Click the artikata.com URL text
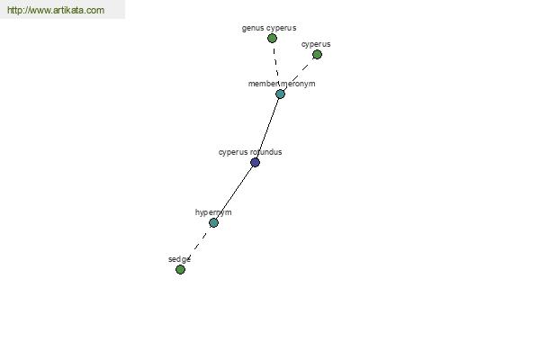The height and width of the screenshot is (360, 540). click(56, 10)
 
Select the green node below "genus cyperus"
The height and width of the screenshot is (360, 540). click(272, 38)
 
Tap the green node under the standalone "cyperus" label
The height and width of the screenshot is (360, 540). click(317, 54)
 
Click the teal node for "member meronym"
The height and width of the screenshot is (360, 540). click(280, 94)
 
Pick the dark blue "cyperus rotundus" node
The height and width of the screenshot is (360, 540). click(256, 162)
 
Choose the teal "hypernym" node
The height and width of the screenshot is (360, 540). click(213, 223)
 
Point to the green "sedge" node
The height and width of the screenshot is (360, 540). click(180, 269)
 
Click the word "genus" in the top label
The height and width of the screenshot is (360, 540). click(253, 28)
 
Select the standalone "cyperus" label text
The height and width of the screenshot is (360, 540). click(316, 44)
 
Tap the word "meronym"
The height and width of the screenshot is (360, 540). click(298, 84)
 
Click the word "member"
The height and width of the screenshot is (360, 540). click(264, 84)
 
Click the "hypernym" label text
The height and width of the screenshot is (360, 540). click(213, 212)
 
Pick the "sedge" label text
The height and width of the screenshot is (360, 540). click(179, 259)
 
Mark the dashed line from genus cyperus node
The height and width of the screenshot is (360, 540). click(276, 64)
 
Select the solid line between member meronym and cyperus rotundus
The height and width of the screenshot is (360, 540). click(267, 128)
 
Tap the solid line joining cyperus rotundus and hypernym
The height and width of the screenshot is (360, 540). click(234, 193)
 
